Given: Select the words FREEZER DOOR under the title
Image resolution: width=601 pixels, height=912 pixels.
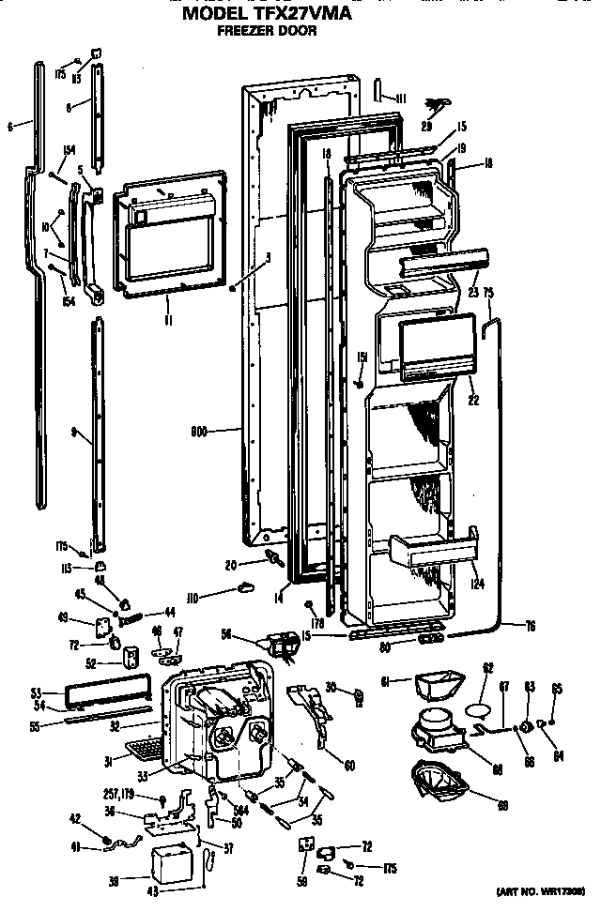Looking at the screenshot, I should click(x=267, y=31).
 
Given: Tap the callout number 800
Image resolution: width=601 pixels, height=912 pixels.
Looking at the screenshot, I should click(x=199, y=433).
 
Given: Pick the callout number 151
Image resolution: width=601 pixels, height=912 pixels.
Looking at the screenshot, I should click(x=361, y=357).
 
